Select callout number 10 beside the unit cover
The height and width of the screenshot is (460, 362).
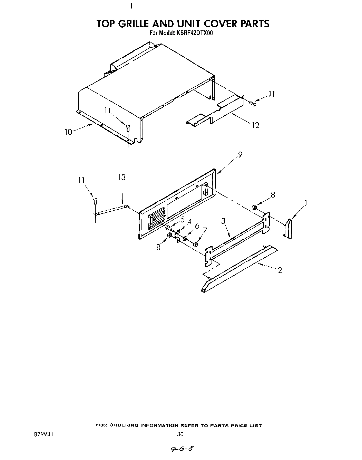coord(68,132)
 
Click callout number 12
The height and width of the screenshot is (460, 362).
coord(255,125)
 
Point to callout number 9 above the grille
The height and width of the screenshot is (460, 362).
coord(240,155)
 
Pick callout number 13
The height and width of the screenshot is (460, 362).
coord(121,178)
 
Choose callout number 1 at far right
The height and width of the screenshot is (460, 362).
coord(305,203)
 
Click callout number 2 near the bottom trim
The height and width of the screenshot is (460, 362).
coord(280,270)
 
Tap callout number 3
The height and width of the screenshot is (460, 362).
coord(223,221)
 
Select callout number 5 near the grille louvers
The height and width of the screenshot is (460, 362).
coord(183,219)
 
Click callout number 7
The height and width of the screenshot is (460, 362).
coord(205,230)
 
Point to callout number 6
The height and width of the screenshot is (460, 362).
coord(197,226)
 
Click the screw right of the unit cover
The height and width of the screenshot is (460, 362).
coord(254,103)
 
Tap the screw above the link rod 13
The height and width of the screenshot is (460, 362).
coord(95,201)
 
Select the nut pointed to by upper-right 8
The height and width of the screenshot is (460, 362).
coord(255,207)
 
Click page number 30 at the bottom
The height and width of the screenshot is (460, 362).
coord(180,434)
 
